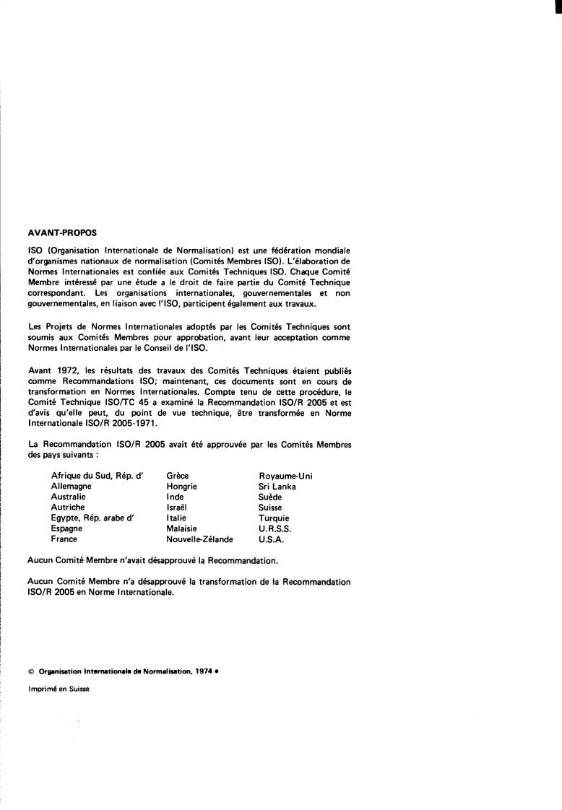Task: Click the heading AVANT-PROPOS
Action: coord(56,233)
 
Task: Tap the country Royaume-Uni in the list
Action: coord(285,476)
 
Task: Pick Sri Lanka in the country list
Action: coord(277,487)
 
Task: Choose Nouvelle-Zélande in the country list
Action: coord(200,539)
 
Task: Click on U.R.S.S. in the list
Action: coord(275,528)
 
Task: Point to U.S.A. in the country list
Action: coord(271,539)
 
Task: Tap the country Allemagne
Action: coord(71,487)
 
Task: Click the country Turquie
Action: coord(274,518)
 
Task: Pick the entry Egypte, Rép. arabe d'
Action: coord(93,518)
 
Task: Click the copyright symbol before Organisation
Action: coord(30,671)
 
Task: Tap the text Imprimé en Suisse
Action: coord(59,689)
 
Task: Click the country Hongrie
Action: coord(181,487)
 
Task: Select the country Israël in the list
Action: coord(178,508)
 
